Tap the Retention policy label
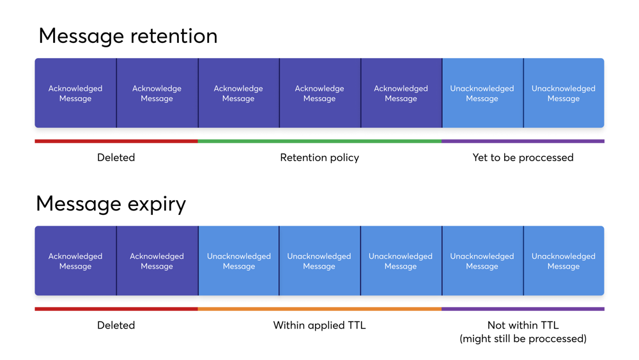[x=319, y=157]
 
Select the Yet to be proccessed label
[x=523, y=157]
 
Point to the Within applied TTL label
[x=319, y=325]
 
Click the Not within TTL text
[x=523, y=325]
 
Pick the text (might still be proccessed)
[x=523, y=339]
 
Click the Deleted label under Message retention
[x=116, y=157]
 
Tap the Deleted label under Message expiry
[x=116, y=325]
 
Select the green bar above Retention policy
[x=319, y=141]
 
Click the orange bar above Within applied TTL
[x=319, y=309]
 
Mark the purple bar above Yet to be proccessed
[x=523, y=141]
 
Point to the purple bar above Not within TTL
[x=523, y=309]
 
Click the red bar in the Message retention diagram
[x=116, y=141]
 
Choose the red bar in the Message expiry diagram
[x=116, y=309]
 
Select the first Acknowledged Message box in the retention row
[x=75, y=93]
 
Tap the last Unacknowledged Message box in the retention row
[x=564, y=93]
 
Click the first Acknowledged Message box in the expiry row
[x=75, y=261]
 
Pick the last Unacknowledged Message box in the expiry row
[x=564, y=261]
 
